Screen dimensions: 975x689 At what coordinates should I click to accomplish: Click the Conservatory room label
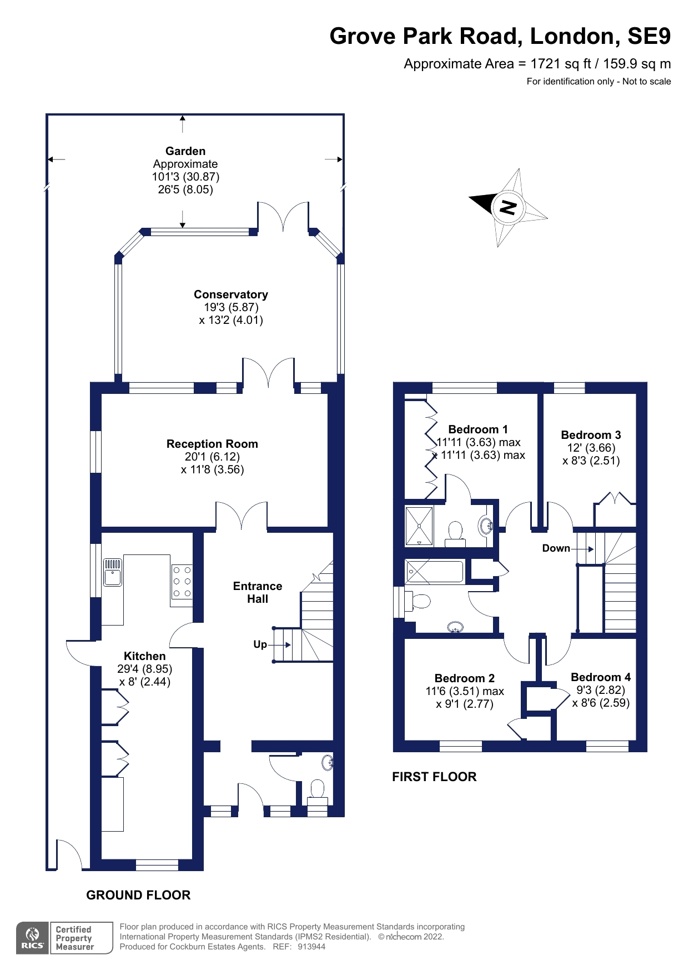(x=230, y=294)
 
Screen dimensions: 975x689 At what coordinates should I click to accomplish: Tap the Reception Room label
(x=212, y=444)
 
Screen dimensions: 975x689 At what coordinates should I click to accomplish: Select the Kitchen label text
(x=144, y=656)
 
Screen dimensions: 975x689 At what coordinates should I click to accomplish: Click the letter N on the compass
(x=508, y=207)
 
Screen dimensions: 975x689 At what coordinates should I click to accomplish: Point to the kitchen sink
(x=113, y=572)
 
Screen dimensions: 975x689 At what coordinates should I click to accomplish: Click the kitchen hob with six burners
(x=182, y=582)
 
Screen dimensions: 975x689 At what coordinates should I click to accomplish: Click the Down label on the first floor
(x=556, y=548)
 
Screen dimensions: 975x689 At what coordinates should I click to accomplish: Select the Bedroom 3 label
(x=591, y=435)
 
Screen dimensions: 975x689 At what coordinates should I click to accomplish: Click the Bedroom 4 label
(x=600, y=677)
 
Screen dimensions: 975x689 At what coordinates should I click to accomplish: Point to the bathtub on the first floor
(x=434, y=572)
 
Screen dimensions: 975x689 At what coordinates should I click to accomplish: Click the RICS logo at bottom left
(x=32, y=938)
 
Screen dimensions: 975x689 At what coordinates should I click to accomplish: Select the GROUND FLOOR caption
(x=138, y=895)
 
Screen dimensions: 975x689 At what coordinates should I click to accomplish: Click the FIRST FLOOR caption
(x=434, y=777)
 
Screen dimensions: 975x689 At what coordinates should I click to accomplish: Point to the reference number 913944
(x=311, y=947)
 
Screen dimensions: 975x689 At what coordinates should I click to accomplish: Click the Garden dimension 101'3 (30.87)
(x=185, y=177)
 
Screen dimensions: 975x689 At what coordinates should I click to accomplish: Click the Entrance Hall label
(x=257, y=592)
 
